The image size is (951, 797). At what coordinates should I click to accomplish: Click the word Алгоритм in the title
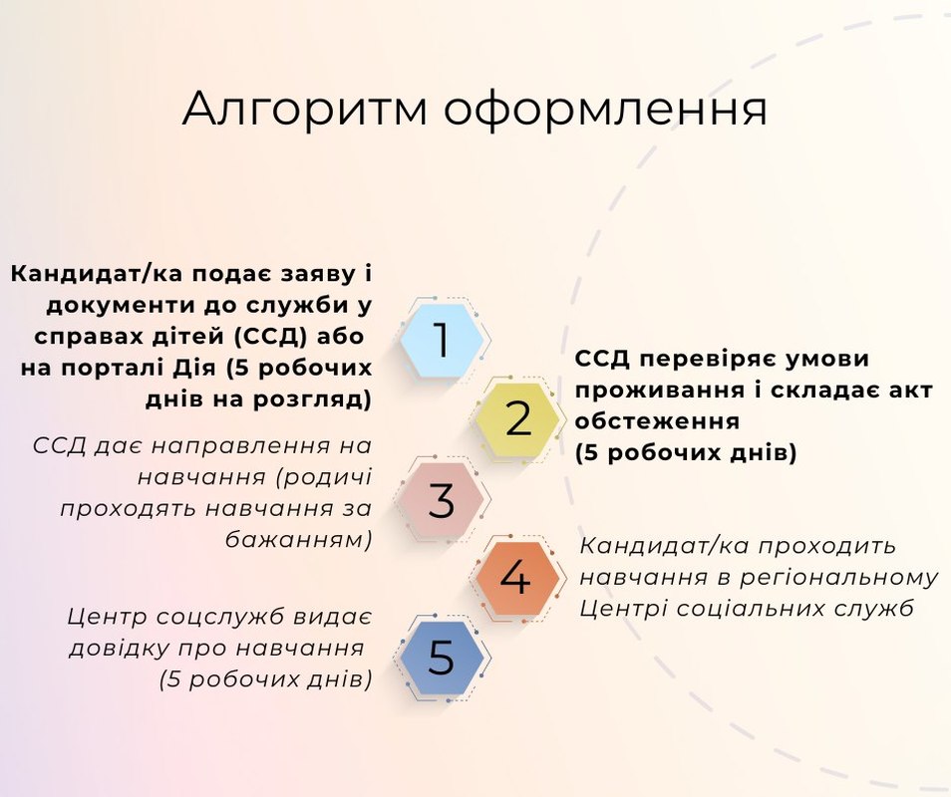(x=305, y=110)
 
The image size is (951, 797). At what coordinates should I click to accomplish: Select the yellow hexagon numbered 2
(x=517, y=418)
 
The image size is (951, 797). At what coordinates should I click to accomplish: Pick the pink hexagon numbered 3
(x=444, y=499)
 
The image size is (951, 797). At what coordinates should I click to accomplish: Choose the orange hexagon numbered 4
(x=517, y=578)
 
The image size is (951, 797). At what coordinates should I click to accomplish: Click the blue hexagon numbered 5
(x=444, y=657)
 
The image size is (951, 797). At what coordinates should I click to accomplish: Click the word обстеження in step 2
(x=658, y=421)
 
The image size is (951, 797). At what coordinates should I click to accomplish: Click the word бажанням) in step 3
(x=298, y=539)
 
